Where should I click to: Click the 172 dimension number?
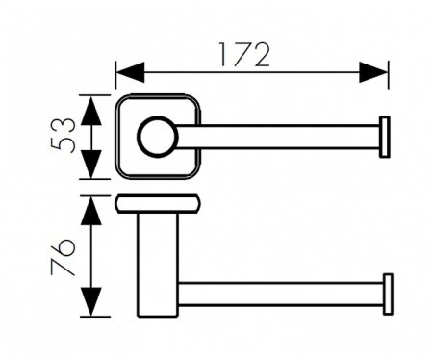[x=243, y=55]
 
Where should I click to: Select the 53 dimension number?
[x=63, y=135]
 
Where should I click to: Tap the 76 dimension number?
[x=63, y=257]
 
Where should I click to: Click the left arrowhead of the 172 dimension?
[x=130, y=72]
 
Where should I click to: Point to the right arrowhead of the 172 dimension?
[x=373, y=72]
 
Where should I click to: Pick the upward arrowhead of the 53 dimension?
[x=91, y=111]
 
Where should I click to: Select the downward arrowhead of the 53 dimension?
[x=91, y=165]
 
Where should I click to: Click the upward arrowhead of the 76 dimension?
[x=91, y=211]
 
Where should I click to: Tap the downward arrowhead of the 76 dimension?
[x=91, y=302]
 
